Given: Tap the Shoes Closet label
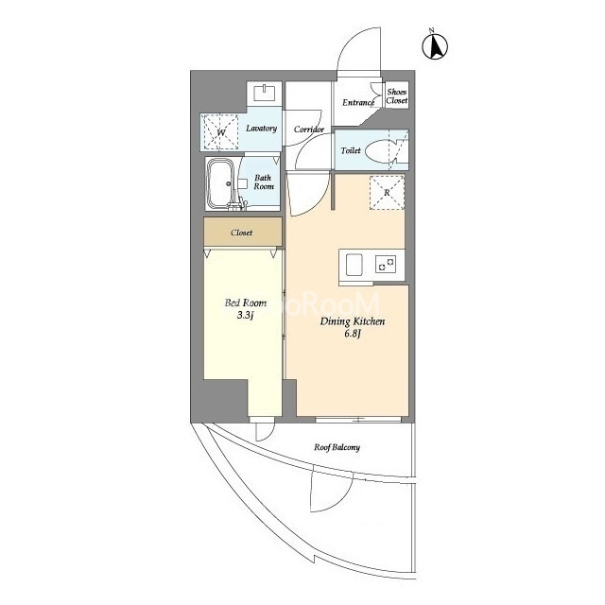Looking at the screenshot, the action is click(397, 96).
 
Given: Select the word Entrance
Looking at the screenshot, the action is click(358, 103).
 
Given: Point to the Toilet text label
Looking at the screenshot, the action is click(351, 150).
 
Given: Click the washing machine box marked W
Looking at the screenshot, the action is click(221, 131).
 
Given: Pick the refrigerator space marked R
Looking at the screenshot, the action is click(387, 193).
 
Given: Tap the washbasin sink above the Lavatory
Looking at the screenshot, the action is click(265, 93).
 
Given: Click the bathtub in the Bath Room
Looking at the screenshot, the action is click(221, 183).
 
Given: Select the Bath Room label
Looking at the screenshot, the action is click(263, 182).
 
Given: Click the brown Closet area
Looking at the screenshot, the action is click(243, 232).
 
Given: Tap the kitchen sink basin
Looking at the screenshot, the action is click(354, 265).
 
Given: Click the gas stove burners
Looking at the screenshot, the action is click(386, 265).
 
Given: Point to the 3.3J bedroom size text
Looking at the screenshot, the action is click(245, 315).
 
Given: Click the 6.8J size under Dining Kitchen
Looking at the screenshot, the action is click(353, 334).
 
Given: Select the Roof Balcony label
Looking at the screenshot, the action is click(337, 447).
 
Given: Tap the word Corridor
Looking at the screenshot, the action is click(309, 130).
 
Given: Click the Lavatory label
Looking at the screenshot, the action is click(261, 129).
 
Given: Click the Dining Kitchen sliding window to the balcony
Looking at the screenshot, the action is click(358, 420).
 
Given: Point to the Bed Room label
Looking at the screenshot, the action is click(246, 302).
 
